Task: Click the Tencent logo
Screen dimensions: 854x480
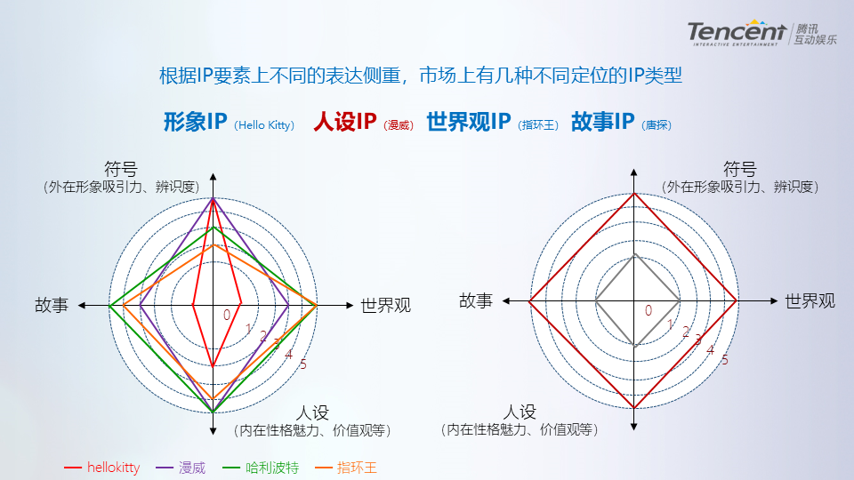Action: point(761,33)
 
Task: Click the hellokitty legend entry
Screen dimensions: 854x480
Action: point(101,468)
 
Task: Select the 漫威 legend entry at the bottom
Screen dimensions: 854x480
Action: point(181,468)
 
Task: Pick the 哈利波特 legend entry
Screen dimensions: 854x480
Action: point(261,468)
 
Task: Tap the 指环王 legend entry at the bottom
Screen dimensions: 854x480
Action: point(346,468)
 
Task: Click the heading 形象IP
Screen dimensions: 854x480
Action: point(196,122)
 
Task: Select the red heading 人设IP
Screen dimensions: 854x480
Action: point(345,122)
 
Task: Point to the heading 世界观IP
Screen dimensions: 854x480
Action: point(469,122)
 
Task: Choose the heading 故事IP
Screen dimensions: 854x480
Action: point(602,122)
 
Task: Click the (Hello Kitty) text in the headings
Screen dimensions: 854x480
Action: point(264,125)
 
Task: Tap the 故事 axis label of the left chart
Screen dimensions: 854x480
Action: point(52,305)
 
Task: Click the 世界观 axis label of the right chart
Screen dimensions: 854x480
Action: point(810,301)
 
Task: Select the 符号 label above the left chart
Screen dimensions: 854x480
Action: point(121,169)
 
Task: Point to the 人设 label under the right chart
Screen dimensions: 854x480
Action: point(520,412)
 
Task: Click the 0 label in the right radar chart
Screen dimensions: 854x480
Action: point(649,310)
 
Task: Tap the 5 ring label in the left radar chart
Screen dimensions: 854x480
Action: point(302,364)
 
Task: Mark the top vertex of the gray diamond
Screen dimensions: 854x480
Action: point(634,254)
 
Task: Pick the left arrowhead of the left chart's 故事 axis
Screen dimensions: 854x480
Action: point(82,305)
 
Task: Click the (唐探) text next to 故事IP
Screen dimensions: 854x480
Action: point(657,125)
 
